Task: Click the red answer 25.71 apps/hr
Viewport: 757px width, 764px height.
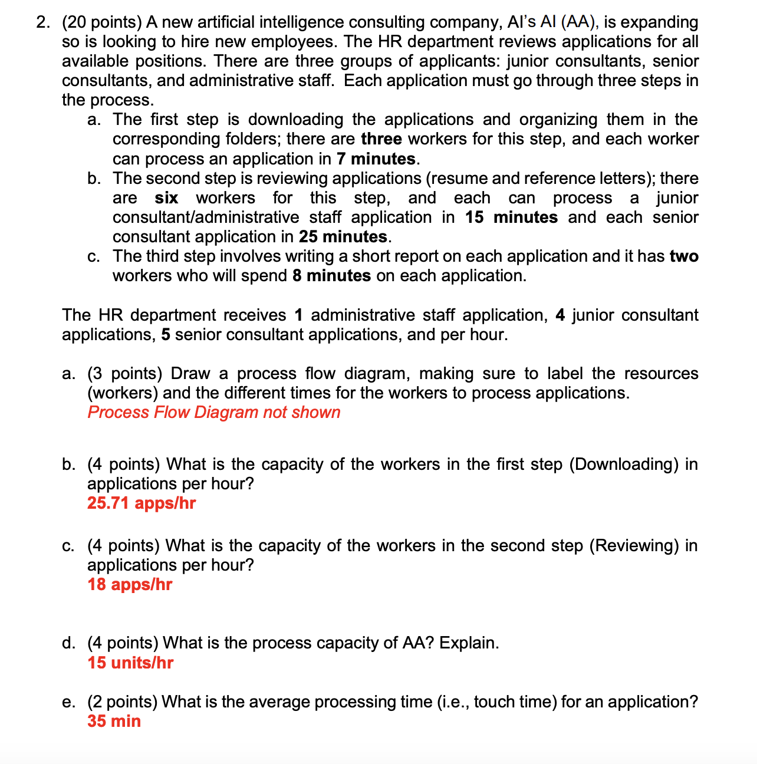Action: point(141,503)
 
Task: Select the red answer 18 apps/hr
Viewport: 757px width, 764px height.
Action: point(130,585)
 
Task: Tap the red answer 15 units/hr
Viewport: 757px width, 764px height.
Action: point(130,663)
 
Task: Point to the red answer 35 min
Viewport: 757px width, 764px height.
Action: point(114,722)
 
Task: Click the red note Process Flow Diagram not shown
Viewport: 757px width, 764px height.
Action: point(214,413)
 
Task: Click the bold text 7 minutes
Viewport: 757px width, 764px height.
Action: point(376,159)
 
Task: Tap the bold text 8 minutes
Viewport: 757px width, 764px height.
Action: point(331,276)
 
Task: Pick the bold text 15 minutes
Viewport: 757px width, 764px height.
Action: point(511,218)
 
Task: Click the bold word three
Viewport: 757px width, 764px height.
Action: point(381,139)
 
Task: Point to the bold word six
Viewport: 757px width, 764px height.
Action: point(166,198)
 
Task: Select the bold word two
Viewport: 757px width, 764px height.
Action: point(684,256)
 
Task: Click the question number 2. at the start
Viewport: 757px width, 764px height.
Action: point(43,22)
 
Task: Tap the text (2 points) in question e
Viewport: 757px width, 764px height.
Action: point(122,702)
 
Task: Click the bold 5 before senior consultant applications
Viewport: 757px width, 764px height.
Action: point(166,335)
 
